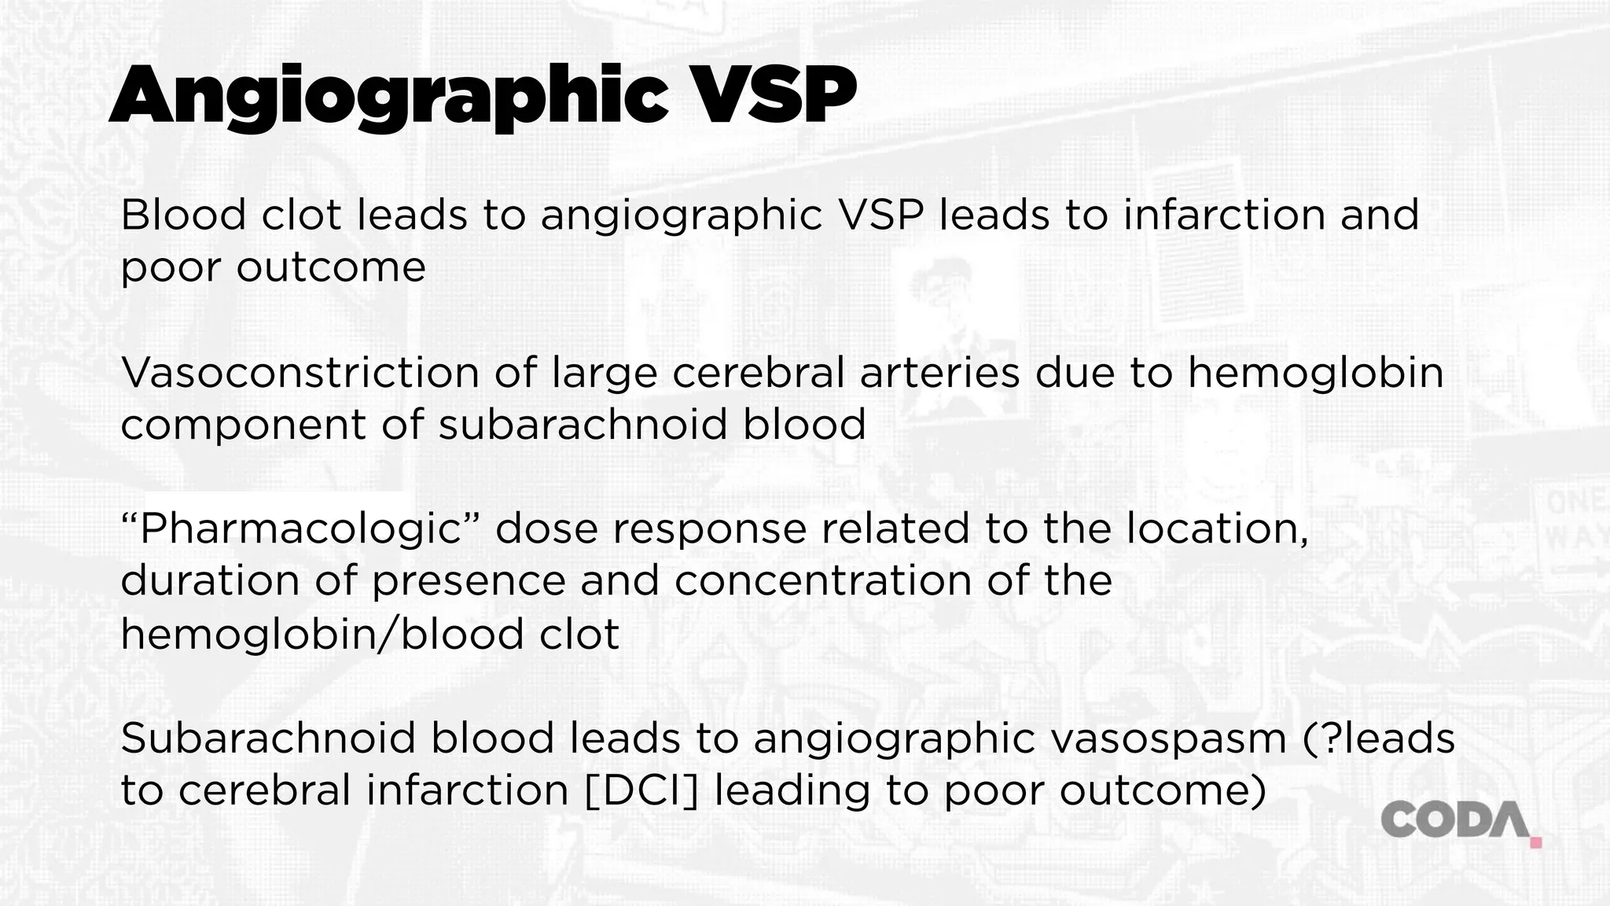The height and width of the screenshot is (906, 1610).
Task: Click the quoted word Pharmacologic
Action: [300, 529]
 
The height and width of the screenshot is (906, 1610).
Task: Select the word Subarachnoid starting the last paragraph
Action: [268, 738]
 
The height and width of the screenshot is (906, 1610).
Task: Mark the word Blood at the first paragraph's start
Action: [183, 215]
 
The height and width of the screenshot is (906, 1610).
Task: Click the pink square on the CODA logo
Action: [1536, 843]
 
